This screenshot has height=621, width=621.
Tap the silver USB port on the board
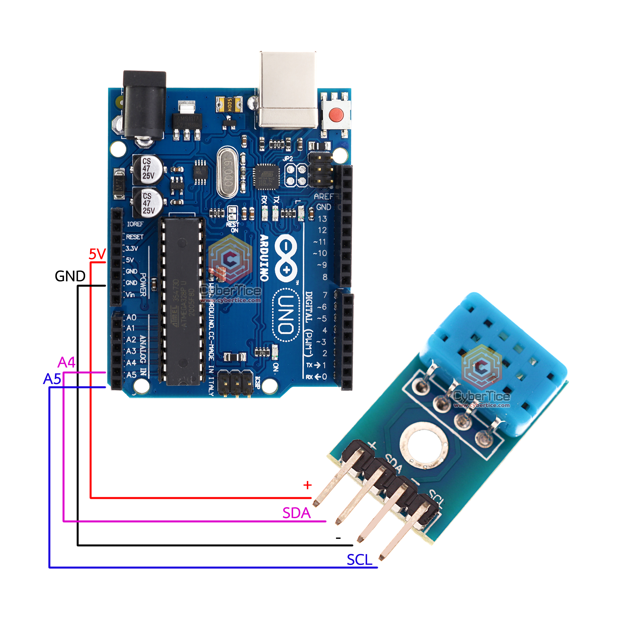288,90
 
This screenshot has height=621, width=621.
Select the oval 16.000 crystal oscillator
228,173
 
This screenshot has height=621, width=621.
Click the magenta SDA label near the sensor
296,513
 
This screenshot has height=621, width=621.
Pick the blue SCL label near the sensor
359,560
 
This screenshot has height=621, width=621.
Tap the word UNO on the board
285,315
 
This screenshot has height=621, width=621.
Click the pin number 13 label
322,219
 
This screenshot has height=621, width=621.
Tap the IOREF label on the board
135,224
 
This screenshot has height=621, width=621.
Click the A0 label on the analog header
131,317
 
